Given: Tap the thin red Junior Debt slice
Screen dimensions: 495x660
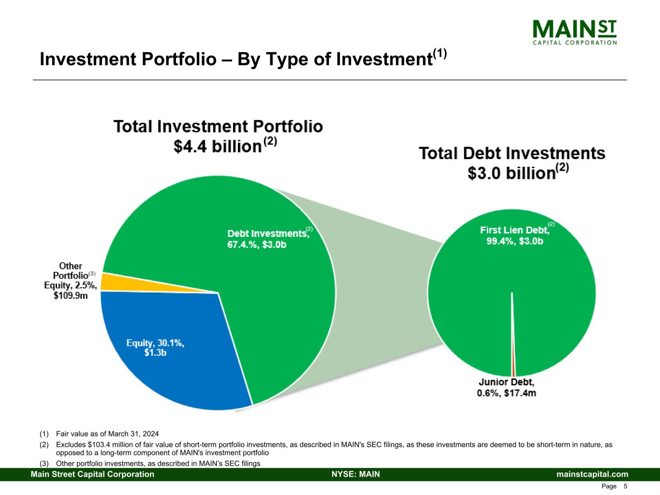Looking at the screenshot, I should [513, 358].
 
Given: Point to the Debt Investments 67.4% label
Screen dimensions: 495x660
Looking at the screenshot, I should [268, 239].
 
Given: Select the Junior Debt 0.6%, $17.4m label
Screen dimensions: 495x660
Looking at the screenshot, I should [506, 388].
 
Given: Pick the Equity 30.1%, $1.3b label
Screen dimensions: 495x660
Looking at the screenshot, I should [155, 348].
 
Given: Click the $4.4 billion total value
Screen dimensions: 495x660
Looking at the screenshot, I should [218, 146].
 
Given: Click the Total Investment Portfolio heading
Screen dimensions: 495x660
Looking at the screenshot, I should [218, 127].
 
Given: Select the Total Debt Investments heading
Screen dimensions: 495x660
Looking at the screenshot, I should [512, 154].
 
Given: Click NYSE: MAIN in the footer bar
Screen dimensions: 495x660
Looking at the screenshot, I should [355, 474].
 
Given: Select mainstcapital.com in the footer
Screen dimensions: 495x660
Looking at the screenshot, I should [592, 474].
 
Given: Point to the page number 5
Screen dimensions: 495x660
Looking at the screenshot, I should [626, 486].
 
